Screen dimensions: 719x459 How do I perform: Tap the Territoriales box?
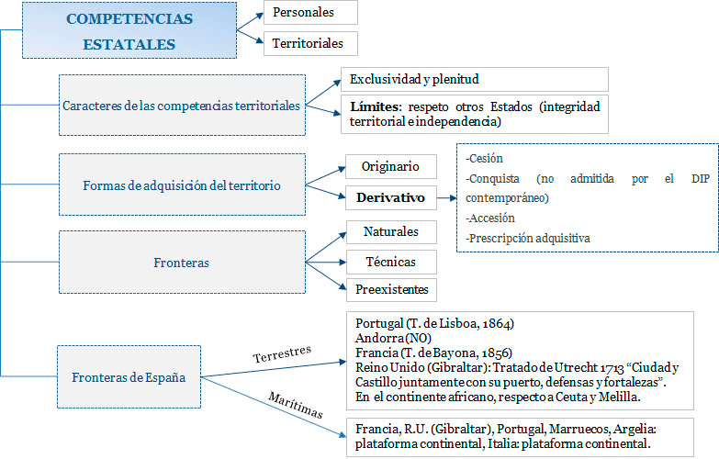pyautogui.click(x=309, y=43)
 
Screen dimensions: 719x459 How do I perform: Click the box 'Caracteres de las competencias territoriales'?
pyautogui.click(x=181, y=106)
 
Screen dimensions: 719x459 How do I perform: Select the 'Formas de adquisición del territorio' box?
pyautogui.click(x=181, y=185)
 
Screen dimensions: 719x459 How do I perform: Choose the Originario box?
pyautogui.click(x=390, y=166)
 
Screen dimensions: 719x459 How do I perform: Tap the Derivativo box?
pyautogui.click(x=390, y=196)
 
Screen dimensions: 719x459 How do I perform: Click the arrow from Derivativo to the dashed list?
pyautogui.click(x=446, y=196)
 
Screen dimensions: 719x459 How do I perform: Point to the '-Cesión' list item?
pyautogui.click(x=487, y=158)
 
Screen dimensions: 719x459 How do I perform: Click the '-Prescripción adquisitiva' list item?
pyautogui.click(x=528, y=239)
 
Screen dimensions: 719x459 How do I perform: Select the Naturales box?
pyautogui.click(x=390, y=231)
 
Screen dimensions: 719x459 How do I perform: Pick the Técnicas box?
pyautogui.click(x=390, y=262)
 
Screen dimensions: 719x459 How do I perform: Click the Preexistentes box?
pyautogui.click(x=390, y=290)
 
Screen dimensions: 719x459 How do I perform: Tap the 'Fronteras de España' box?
pyautogui.click(x=129, y=377)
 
